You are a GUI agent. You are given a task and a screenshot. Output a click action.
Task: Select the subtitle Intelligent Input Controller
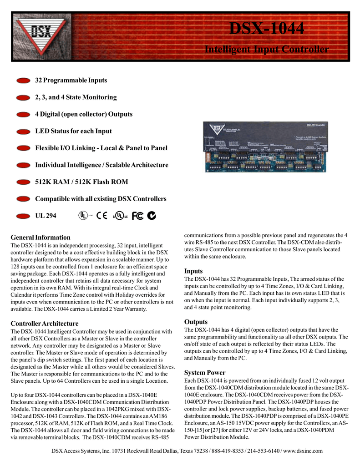pos(266,49)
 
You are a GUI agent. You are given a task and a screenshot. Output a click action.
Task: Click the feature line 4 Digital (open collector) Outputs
pos(84,114)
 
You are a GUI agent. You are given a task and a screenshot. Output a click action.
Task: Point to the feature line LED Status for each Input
pos(73,131)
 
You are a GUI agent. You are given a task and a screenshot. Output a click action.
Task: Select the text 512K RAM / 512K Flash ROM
pos(81,182)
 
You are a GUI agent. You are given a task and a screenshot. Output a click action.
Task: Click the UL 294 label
pos(46,216)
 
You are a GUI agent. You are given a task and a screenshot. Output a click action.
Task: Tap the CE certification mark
pos(102,216)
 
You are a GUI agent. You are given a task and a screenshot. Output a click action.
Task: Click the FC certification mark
pos(137,216)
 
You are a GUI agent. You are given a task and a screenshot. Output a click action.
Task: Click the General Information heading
pos(41,238)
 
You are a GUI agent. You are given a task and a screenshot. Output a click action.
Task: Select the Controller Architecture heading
pos(44,324)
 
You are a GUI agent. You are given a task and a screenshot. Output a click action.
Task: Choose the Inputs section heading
pos(193,271)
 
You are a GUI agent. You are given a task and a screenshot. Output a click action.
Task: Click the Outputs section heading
pos(196,322)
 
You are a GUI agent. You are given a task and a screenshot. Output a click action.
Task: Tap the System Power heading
pos(204,373)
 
